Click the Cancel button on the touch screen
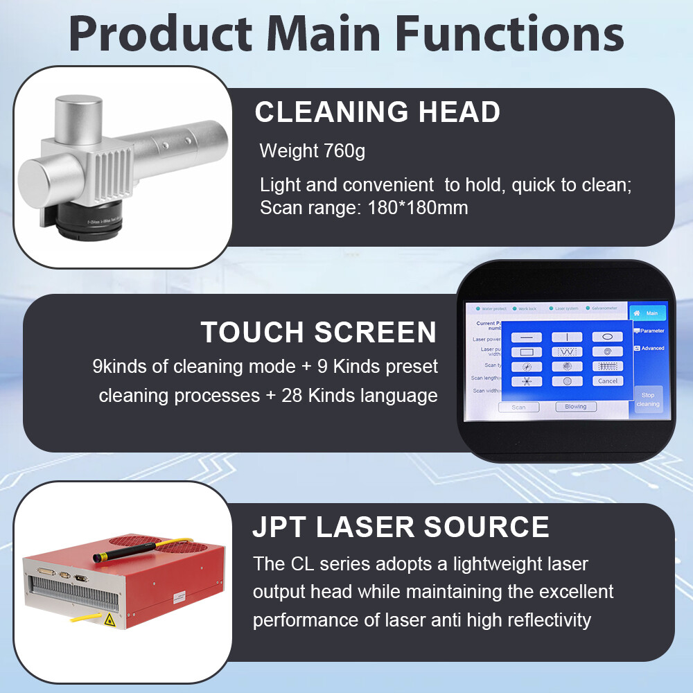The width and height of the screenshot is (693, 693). click(x=608, y=380)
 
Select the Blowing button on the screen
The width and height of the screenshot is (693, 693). click(x=575, y=407)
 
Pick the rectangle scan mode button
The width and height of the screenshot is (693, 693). click(x=527, y=351)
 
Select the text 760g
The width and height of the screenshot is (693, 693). click(x=344, y=150)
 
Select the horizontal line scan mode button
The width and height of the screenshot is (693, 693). click(x=527, y=337)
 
